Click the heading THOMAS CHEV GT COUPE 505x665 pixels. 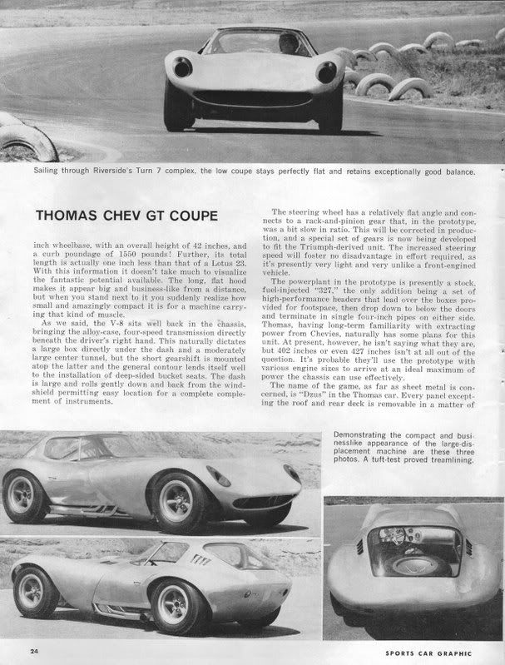pyautogui.click(x=126, y=216)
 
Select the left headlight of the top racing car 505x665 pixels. pyautogui.click(x=183, y=67)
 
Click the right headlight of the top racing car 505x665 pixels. pyautogui.click(x=326, y=72)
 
